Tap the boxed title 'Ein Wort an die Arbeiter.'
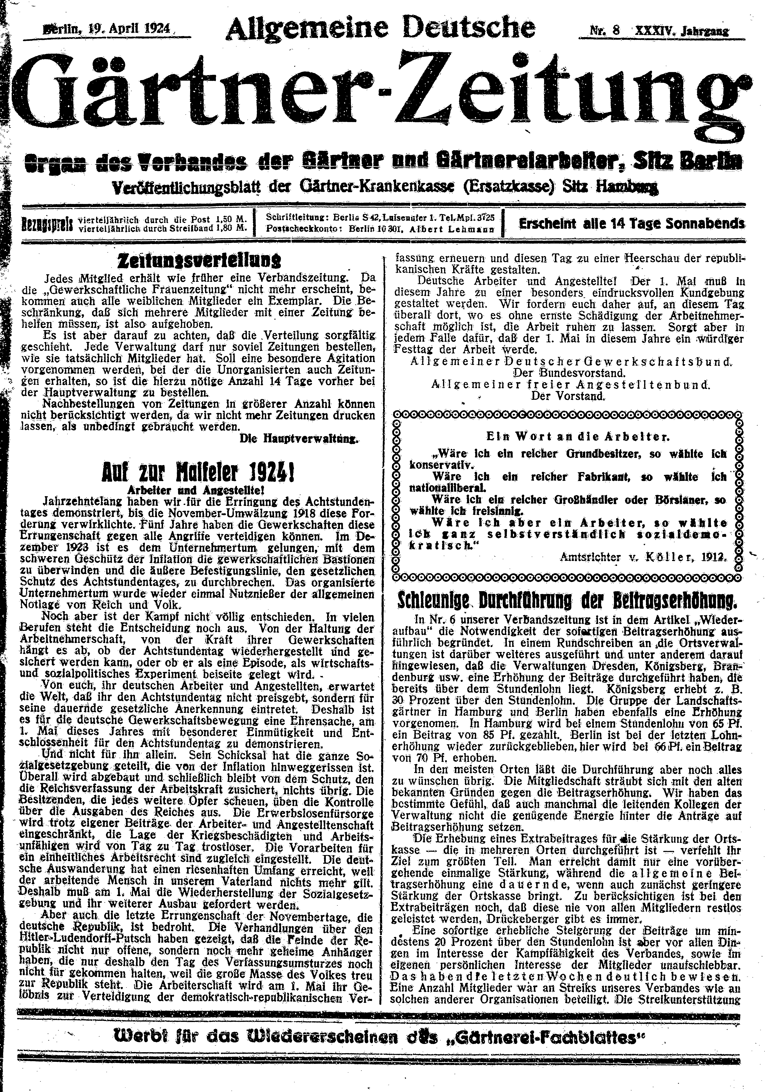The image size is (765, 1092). tap(565, 436)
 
